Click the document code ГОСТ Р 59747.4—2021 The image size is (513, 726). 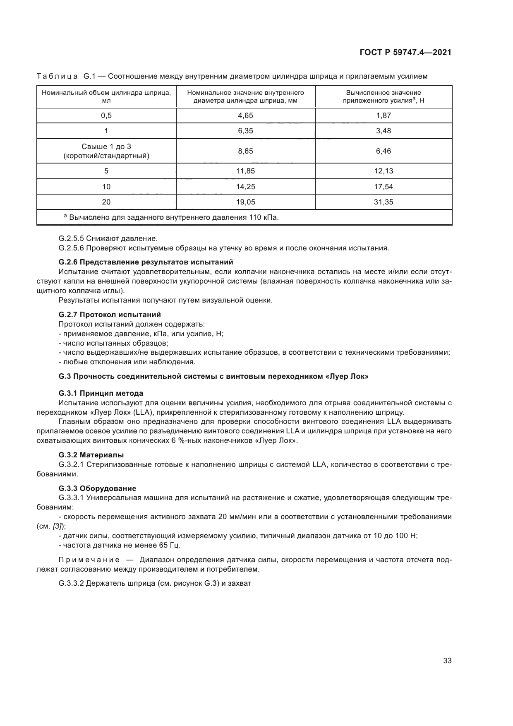pyautogui.click(x=405, y=53)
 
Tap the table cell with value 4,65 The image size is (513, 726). pyautogui.click(x=245, y=115)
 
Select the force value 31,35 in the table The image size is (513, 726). pyautogui.click(x=383, y=202)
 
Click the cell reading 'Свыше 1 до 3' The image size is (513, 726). pyautogui.click(x=106, y=147)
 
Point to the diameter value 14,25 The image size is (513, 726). pyautogui.click(x=245, y=187)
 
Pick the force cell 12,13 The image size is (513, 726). pyautogui.click(x=383, y=171)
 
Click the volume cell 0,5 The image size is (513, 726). pyautogui.click(x=106, y=115)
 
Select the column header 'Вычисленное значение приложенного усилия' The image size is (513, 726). pyautogui.click(x=383, y=96)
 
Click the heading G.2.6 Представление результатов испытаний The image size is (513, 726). pyautogui.click(x=146, y=262)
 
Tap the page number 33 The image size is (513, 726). pyautogui.click(x=447, y=661)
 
